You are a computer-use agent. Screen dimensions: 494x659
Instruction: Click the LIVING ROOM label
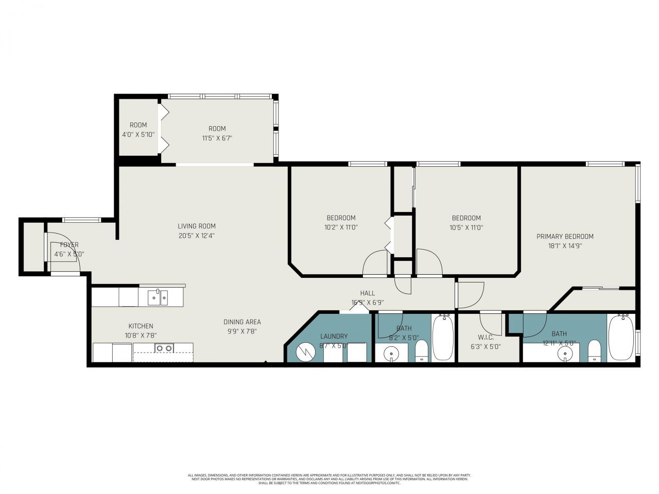pyautogui.click(x=197, y=226)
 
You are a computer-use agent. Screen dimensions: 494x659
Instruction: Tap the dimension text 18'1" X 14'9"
pyautogui.click(x=565, y=246)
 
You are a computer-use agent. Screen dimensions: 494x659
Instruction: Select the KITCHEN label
pyautogui.click(x=141, y=326)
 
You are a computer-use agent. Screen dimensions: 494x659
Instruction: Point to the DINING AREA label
pyautogui.click(x=242, y=322)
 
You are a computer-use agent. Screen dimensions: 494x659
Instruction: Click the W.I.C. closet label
pyautogui.click(x=485, y=338)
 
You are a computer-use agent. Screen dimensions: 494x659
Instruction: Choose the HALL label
pyautogui.click(x=367, y=293)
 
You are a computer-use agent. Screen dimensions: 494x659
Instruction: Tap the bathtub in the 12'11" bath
pyautogui.click(x=621, y=339)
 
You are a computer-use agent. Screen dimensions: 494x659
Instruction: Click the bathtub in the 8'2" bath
pyautogui.click(x=443, y=339)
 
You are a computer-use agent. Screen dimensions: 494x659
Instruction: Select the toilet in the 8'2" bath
pyautogui.click(x=422, y=352)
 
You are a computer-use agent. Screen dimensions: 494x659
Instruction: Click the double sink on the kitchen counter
pyautogui.click(x=157, y=297)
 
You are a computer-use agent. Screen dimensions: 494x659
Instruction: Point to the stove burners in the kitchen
pyautogui.click(x=164, y=348)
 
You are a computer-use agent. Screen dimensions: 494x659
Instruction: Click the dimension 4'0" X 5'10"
pyautogui.click(x=138, y=135)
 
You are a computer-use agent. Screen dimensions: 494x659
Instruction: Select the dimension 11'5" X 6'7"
pyautogui.click(x=217, y=138)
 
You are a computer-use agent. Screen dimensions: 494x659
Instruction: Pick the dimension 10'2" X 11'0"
pyautogui.click(x=341, y=227)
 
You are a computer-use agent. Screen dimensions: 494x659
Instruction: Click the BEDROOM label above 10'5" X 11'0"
pyautogui.click(x=466, y=218)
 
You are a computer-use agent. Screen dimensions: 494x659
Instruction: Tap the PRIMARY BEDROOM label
pyautogui.click(x=565, y=236)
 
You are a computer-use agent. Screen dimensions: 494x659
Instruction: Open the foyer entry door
pyautogui.click(x=63, y=252)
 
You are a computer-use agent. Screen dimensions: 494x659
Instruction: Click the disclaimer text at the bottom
pyautogui.click(x=329, y=479)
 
